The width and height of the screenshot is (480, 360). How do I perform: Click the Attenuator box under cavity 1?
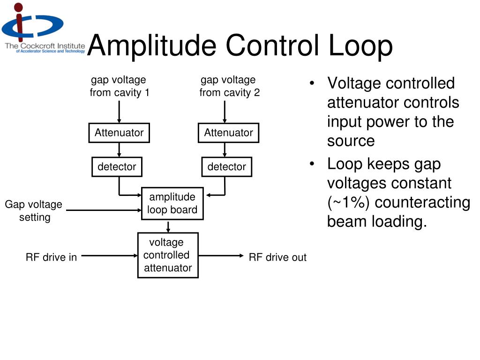[119, 133]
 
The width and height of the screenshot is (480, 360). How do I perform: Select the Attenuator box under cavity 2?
[228, 133]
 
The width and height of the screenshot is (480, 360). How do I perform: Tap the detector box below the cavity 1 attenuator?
[117, 166]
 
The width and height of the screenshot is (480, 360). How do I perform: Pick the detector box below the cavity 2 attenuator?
[226, 166]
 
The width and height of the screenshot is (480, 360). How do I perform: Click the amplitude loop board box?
[172, 203]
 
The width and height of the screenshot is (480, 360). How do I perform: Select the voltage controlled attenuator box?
[167, 255]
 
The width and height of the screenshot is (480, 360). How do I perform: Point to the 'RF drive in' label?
[51, 257]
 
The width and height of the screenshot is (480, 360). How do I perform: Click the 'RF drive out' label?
[277, 257]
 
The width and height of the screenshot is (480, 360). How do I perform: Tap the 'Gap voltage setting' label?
[34, 211]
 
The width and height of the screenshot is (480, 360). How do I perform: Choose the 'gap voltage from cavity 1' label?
[119, 86]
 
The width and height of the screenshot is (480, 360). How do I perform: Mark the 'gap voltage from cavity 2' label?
[229, 86]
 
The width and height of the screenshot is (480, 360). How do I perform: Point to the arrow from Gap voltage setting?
[103, 210]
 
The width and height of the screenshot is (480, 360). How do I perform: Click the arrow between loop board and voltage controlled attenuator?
[168, 226]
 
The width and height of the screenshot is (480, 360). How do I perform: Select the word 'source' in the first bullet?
[351, 141]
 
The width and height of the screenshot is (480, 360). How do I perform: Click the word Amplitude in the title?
[151, 46]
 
